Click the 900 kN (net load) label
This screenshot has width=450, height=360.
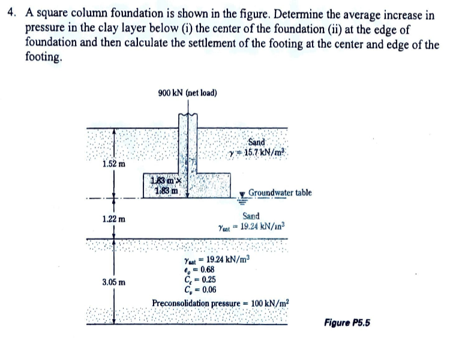pyautogui.click(x=187, y=93)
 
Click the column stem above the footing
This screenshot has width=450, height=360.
pyautogui.click(x=189, y=144)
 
